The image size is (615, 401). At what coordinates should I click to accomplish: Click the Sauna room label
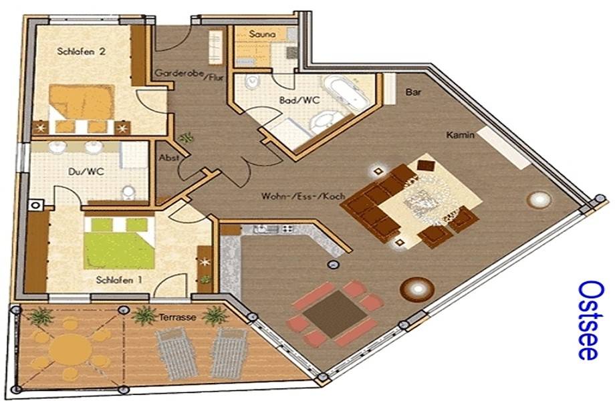(x=262, y=34)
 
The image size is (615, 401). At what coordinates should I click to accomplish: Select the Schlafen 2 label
(x=81, y=51)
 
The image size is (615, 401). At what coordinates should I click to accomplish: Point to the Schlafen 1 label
(x=119, y=280)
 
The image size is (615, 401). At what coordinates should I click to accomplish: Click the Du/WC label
(x=86, y=171)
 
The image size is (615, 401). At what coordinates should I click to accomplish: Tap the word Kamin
(x=461, y=135)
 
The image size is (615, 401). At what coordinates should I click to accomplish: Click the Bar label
(x=413, y=92)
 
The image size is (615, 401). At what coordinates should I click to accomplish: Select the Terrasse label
(x=177, y=317)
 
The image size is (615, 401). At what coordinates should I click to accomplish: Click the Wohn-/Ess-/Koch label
(x=303, y=196)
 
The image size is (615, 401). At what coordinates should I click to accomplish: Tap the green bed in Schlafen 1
(x=119, y=243)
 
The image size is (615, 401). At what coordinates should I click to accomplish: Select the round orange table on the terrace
(x=71, y=348)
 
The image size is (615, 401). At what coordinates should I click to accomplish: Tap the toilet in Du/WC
(x=128, y=192)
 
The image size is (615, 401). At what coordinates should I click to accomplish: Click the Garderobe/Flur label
(x=189, y=75)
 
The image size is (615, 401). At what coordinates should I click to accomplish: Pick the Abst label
(x=169, y=158)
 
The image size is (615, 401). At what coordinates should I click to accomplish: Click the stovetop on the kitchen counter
(x=287, y=229)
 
